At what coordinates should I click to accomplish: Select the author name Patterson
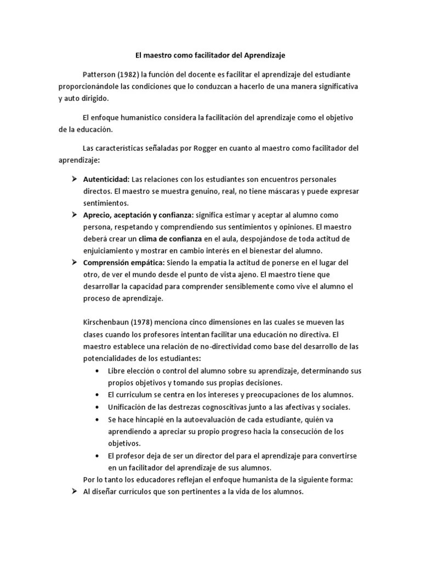99,73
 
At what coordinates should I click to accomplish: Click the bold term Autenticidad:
106,179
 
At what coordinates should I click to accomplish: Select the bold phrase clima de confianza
170,238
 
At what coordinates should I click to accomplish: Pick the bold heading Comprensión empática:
123,262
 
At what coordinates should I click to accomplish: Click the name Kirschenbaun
108,322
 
